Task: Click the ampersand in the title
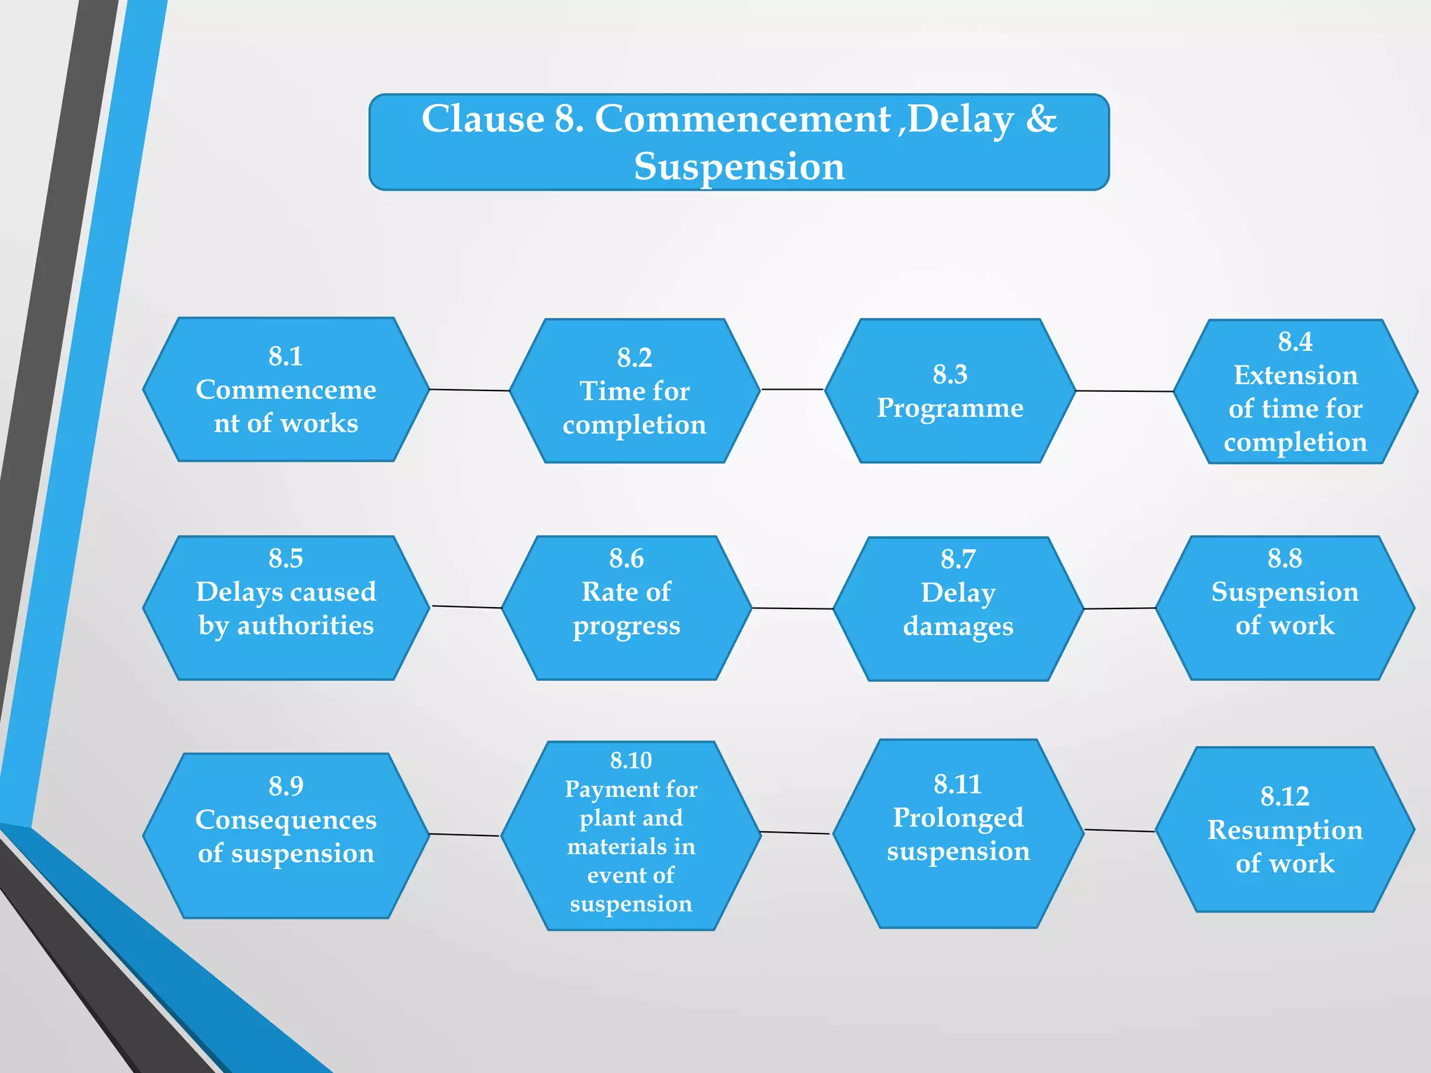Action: point(1041,119)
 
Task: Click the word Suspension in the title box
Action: point(739,166)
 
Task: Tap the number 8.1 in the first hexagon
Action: point(286,356)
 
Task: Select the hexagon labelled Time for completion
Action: point(634,391)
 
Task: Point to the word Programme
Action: point(950,407)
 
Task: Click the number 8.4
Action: point(1295,342)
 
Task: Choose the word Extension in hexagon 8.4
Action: point(1295,375)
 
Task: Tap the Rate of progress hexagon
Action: point(626,608)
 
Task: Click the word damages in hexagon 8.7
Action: point(958,627)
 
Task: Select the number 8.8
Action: point(1284,558)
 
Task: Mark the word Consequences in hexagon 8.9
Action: point(286,819)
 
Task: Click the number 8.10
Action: point(630,760)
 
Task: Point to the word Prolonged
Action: point(958,817)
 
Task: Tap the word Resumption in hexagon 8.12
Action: point(1285,830)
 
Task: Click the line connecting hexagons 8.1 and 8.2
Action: point(470,390)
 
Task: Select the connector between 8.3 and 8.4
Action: point(1124,391)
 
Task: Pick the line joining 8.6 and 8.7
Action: point(792,608)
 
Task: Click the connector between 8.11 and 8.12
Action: point(1119,831)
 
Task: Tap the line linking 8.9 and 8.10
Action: point(465,835)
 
